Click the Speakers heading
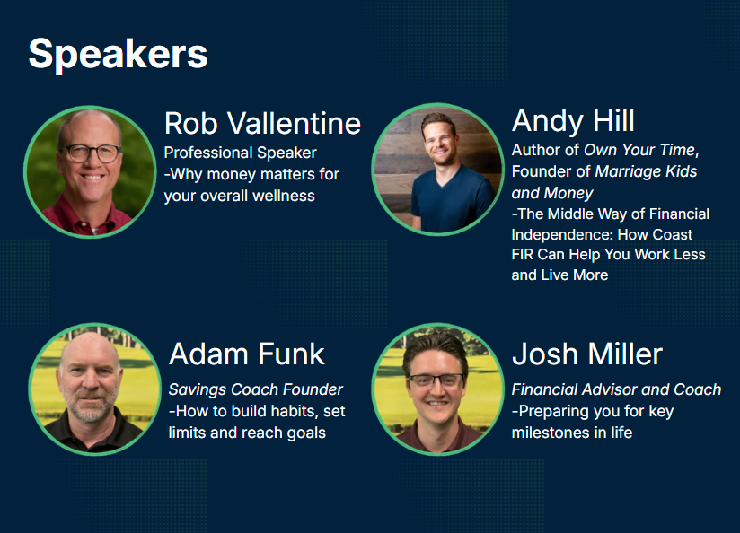tap(118, 55)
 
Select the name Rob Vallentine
tap(262, 124)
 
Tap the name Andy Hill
tap(573, 121)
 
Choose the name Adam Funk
tap(247, 354)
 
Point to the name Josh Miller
tap(587, 354)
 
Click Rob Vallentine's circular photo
tap(90, 171)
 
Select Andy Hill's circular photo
tap(437, 169)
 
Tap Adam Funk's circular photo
tap(95, 389)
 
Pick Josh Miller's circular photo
tap(437, 389)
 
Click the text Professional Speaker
tap(240, 153)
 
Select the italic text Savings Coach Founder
tap(255, 389)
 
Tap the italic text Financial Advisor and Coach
tap(616, 389)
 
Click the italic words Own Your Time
tap(640, 150)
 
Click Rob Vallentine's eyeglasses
tap(92, 153)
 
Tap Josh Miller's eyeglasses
tap(436, 380)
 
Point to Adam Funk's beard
tap(90, 408)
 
